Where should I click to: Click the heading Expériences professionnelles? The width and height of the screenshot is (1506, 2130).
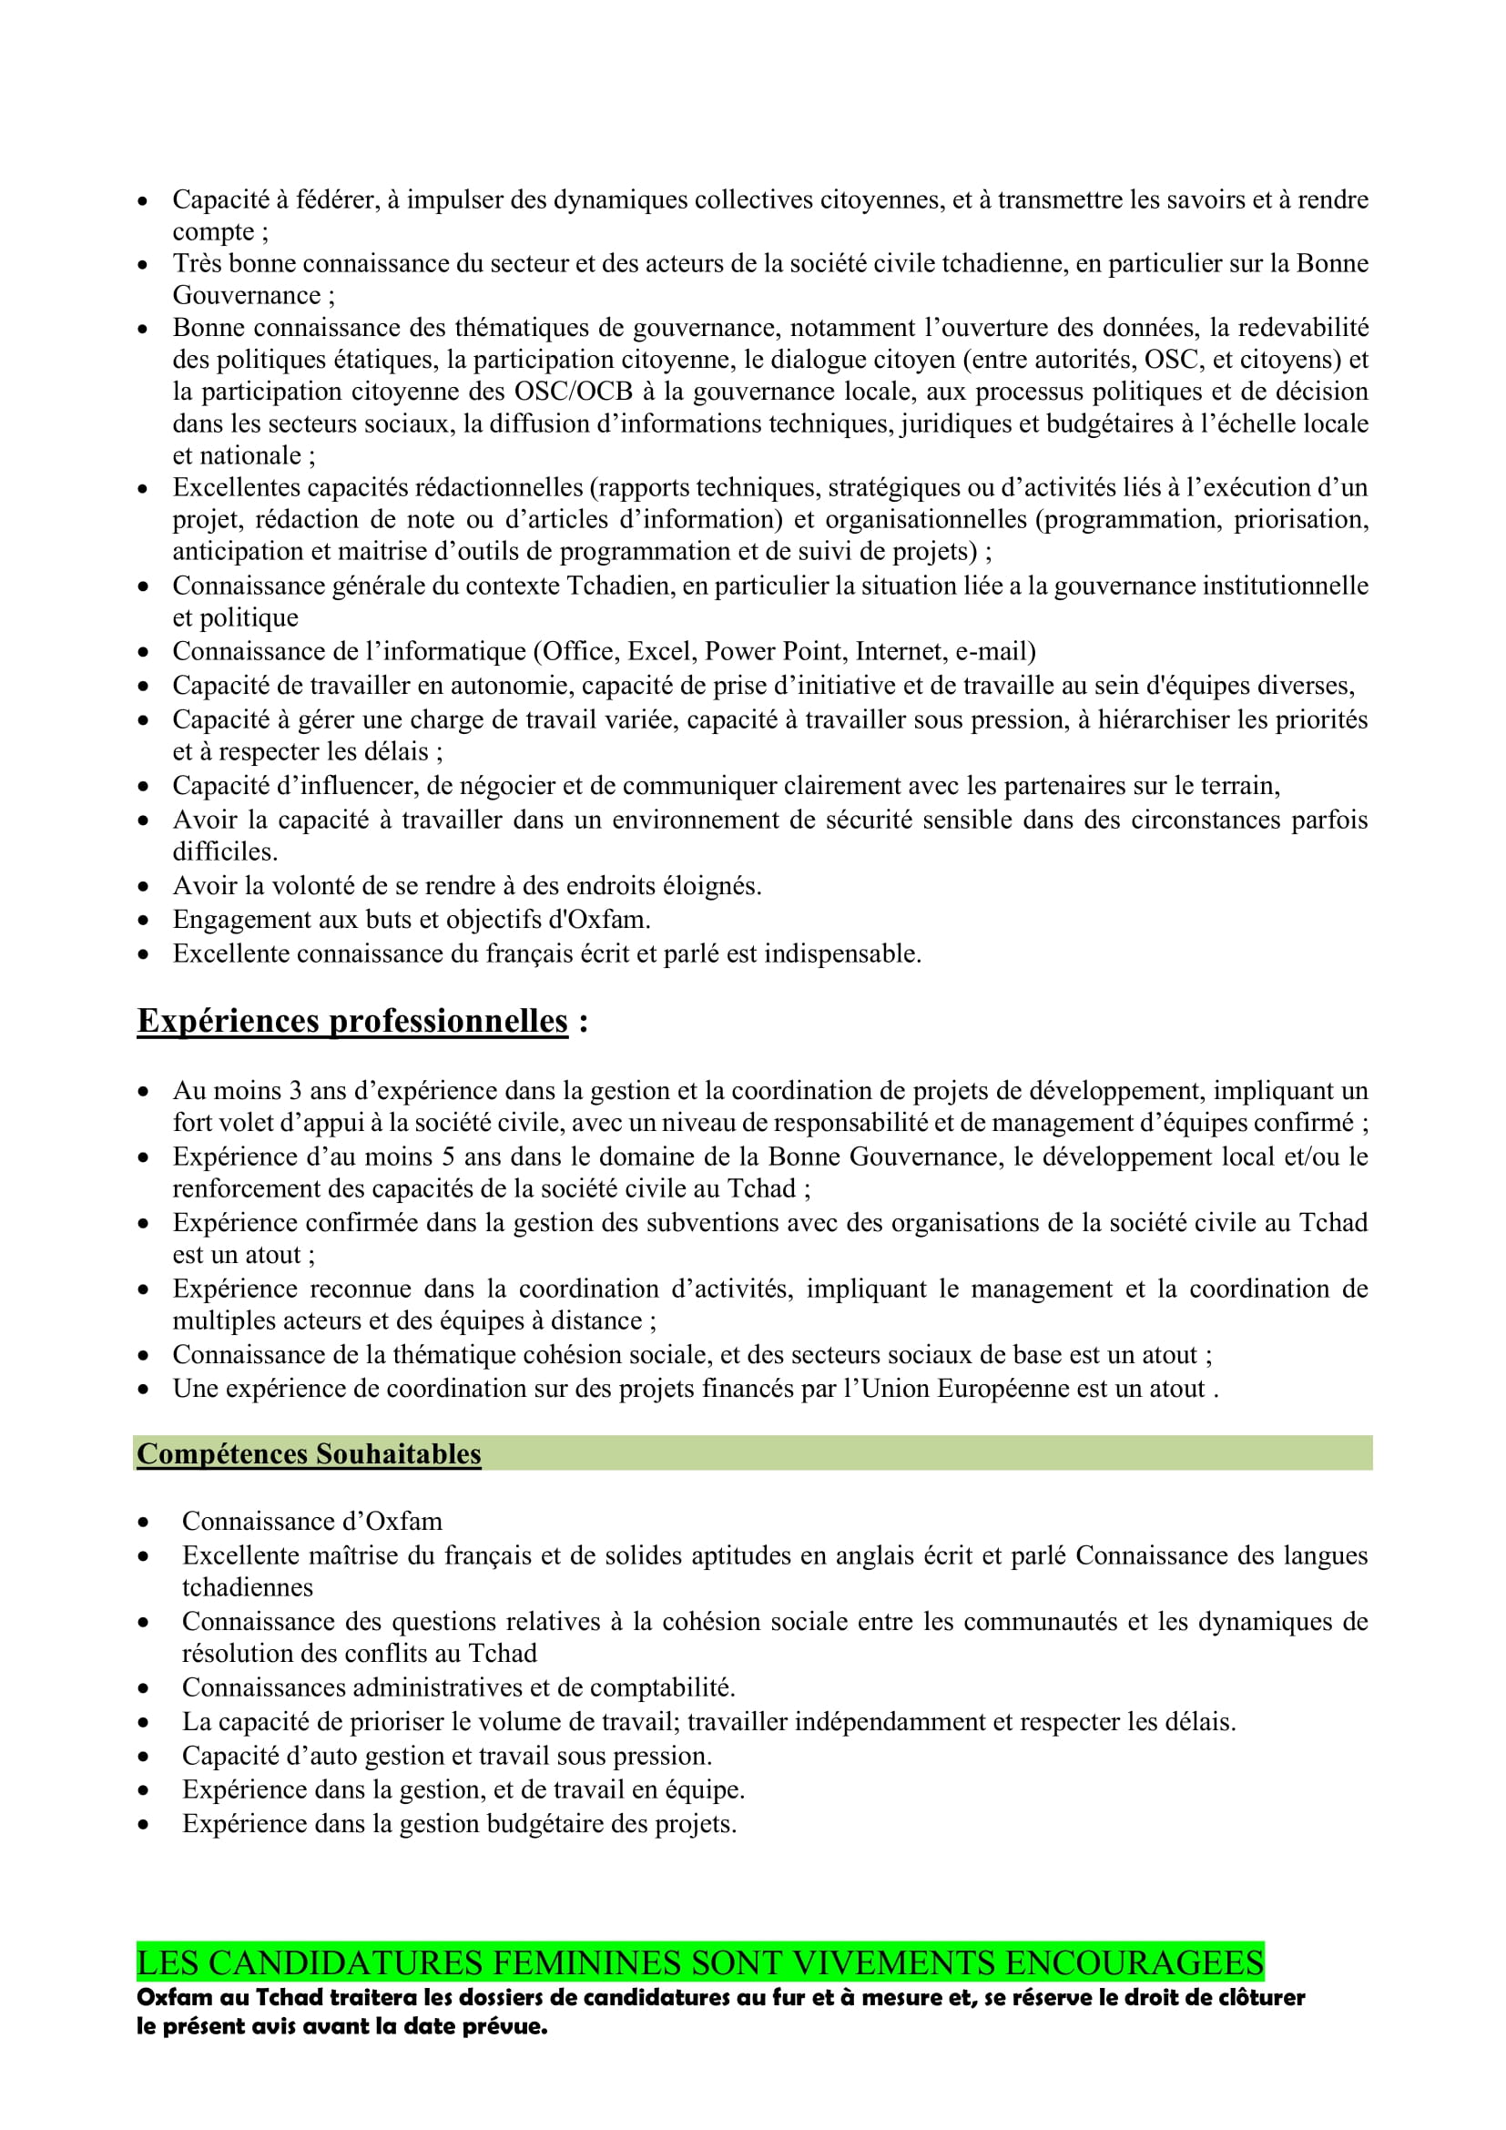pyautogui.click(x=352, y=1021)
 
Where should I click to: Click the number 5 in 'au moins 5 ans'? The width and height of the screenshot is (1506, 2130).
pyautogui.click(x=449, y=1157)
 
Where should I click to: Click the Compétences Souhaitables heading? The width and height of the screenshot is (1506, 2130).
pyautogui.click(x=309, y=1453)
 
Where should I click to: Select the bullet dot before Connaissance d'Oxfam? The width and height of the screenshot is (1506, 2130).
pyautogui.click(x=144, y=1523)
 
